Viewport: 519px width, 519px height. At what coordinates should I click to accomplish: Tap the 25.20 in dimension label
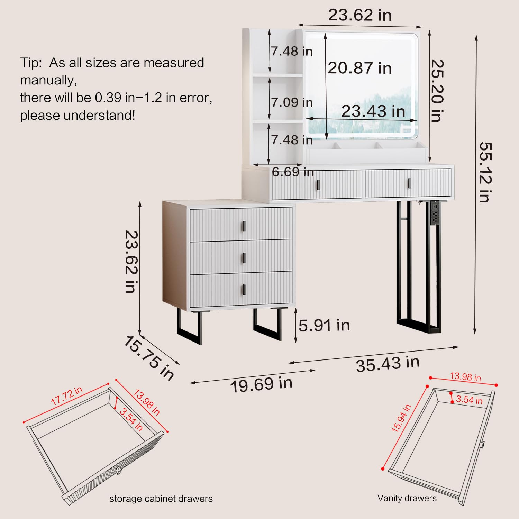(437, 91)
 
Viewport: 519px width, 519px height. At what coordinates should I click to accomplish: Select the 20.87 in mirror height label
(360, 68)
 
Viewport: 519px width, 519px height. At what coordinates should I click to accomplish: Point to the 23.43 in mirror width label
(373, 111)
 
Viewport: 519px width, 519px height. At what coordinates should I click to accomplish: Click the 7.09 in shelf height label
(292, 102)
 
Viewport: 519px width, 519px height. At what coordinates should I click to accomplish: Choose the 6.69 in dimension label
(293, 172)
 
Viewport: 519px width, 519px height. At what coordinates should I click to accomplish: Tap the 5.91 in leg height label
(324, 325)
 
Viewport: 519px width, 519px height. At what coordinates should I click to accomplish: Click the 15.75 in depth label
(149, 358)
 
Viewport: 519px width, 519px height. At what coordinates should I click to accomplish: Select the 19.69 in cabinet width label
(262, 384)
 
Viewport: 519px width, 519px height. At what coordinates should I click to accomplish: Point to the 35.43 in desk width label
(388, 364)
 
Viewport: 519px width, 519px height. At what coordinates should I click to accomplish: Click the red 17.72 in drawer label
(67, 395)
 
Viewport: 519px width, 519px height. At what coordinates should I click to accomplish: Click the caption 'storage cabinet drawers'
(161, 499)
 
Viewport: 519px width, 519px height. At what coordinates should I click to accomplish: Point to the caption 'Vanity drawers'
(407, 498)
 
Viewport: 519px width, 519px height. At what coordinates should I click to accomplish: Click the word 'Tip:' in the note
(31, 63)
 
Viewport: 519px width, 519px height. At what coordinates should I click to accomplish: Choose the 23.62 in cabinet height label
(131, 262)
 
